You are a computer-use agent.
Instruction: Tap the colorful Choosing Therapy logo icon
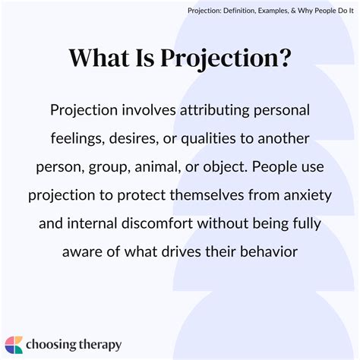[x=14, y=343]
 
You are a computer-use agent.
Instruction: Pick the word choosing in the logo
[x=50, y=344]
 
